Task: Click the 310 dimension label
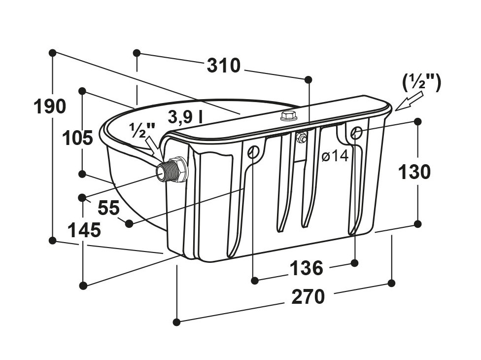[x=224, y=66]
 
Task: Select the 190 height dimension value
[x=50, y=107]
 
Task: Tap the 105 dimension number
[x=77, y=138]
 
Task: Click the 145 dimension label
[x=84, y=230]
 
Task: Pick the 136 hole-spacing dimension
[x=307, y=268]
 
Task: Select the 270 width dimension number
[x=308, y=297]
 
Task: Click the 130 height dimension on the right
[x=414, y=172]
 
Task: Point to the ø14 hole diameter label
[x=335, y=156]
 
